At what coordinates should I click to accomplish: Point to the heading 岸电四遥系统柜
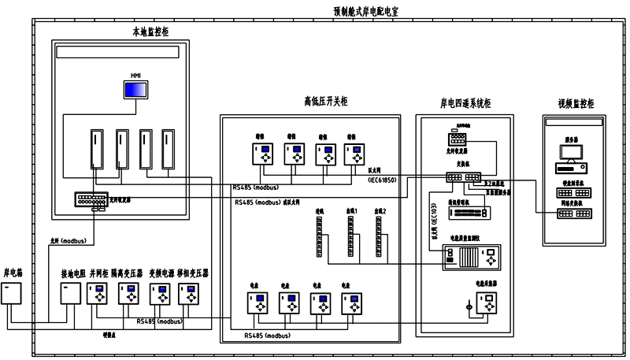tap(465, 103)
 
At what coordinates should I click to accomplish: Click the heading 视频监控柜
tap(575, 103)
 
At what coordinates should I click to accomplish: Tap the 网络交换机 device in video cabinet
tap(572, 215)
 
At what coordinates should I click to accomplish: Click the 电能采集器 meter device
tap(487, 302)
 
